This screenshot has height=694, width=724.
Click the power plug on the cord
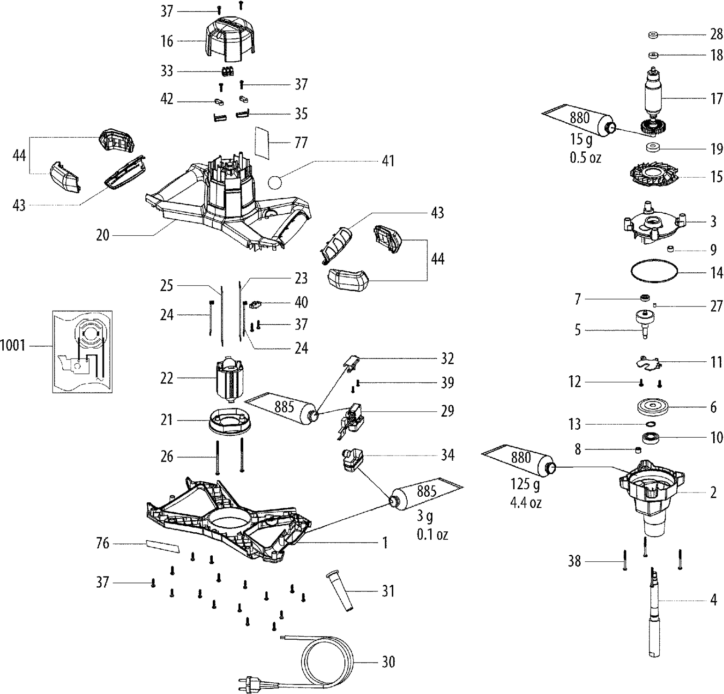pyautogui.click(x=247, y=679)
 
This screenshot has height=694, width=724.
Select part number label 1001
pyautogui.click(x=12, y=346)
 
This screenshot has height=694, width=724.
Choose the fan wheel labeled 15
pyautogui.click(x=654, y=177)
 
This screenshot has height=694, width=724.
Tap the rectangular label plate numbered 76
pyautogui.click(x=163, y=545)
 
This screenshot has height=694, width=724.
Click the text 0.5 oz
pyautogui.click(x=585, y=157)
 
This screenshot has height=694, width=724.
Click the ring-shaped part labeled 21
pyautogui.click(x=229, y=420)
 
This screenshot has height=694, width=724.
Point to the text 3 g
pyautogui.click(x=425, y=517)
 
